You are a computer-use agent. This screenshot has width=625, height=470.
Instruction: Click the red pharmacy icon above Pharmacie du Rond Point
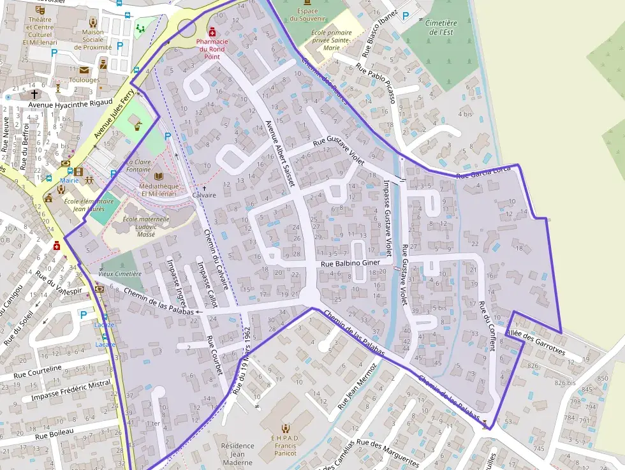click(212, 31)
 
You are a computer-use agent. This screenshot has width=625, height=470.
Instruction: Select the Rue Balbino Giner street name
click(350, 263)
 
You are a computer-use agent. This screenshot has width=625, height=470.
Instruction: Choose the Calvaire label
click(204, 195)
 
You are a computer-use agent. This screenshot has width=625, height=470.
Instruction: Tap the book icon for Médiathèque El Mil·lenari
click(159, 176)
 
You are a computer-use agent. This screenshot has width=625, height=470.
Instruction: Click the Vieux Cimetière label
click(120, 274)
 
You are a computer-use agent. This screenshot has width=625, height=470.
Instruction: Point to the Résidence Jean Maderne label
click(237, 454)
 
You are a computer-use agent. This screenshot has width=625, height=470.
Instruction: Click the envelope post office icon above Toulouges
click(84, 70)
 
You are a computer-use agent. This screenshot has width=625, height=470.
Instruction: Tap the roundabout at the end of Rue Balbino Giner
click(309, 295)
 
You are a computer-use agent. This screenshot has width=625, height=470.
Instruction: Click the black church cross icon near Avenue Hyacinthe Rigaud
click(34, 94)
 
